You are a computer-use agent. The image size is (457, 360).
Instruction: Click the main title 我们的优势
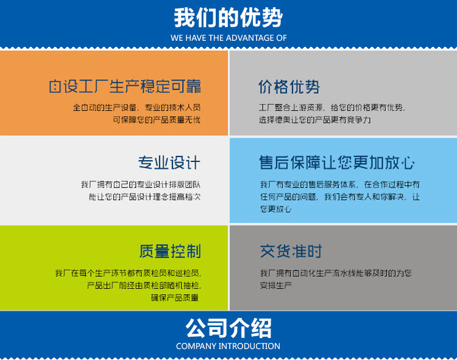228,18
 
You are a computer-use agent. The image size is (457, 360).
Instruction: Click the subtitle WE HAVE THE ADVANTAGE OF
228,38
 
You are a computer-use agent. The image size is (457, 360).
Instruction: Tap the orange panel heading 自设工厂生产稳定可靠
125,86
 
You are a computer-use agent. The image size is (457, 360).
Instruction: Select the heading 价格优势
289,86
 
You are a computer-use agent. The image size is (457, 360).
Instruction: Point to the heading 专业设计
169,163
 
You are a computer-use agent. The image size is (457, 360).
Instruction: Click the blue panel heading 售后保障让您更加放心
337,163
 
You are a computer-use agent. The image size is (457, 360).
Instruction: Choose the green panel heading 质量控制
169,251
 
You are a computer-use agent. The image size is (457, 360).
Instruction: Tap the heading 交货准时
291,251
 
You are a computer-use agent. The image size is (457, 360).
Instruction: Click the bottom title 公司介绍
228,328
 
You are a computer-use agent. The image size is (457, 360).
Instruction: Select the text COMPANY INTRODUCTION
228,346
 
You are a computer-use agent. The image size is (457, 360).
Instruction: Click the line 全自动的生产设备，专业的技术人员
136,108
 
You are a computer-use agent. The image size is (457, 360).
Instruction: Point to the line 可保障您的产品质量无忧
156,120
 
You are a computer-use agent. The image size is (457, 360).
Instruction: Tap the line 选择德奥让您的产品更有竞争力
314,120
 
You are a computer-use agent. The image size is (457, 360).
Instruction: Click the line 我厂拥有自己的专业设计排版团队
140,185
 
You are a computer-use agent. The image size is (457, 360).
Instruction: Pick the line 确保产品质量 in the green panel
175,298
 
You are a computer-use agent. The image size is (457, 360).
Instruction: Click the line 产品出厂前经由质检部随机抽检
143,286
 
